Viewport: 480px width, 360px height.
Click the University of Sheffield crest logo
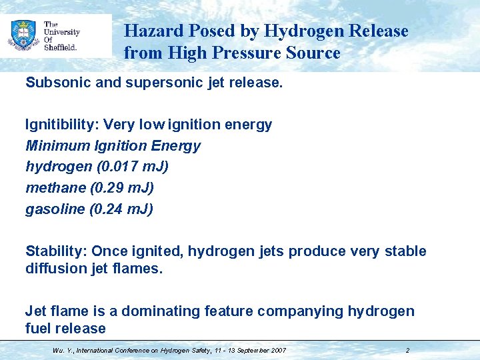point(23,35)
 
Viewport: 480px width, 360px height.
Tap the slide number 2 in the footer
point(407,350)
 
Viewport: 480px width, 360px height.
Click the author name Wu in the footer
point(57,350)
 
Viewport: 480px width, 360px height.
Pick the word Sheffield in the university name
point(61,47)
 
